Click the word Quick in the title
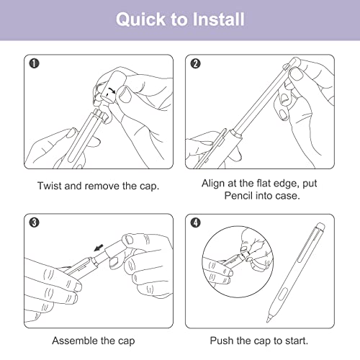pos(141,19)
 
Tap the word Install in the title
pos(218,19)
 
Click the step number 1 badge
pos(34,63)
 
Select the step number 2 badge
pos(195,64)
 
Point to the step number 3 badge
pos(34,222)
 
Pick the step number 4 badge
pos(195,222)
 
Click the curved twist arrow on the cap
pos(112,91)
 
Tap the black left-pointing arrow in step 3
pos(99,248)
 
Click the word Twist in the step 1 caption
pos(50,186)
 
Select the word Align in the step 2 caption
pos(213,184)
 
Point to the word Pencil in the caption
pos(238,196)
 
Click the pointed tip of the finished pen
pos(268,320)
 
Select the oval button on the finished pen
pos(283,294)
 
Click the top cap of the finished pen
pos(320,227)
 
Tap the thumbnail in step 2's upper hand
pos(296,73)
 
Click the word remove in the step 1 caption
pos(102,186)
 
